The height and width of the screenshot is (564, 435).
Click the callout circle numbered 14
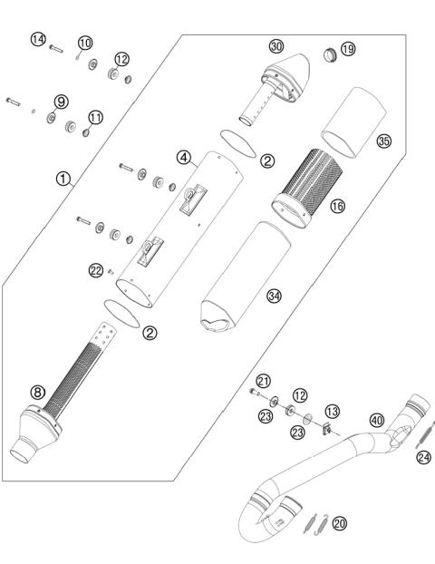[37, 39]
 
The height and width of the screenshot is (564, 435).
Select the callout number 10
[85, 43]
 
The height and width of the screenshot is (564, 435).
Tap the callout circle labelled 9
[62, 101]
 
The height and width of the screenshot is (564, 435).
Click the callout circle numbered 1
[63, 180]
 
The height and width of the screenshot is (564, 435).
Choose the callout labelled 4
[184, 158]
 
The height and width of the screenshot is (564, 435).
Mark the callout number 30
[276, 45]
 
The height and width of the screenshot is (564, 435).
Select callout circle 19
[348, 48]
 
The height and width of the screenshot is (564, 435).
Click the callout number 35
[383, 141]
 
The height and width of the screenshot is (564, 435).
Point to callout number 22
[96, 270]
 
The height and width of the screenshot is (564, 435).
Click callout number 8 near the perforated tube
[37, 392]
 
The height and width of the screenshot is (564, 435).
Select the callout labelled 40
[376, 420]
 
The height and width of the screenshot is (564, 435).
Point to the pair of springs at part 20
[314, 522]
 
